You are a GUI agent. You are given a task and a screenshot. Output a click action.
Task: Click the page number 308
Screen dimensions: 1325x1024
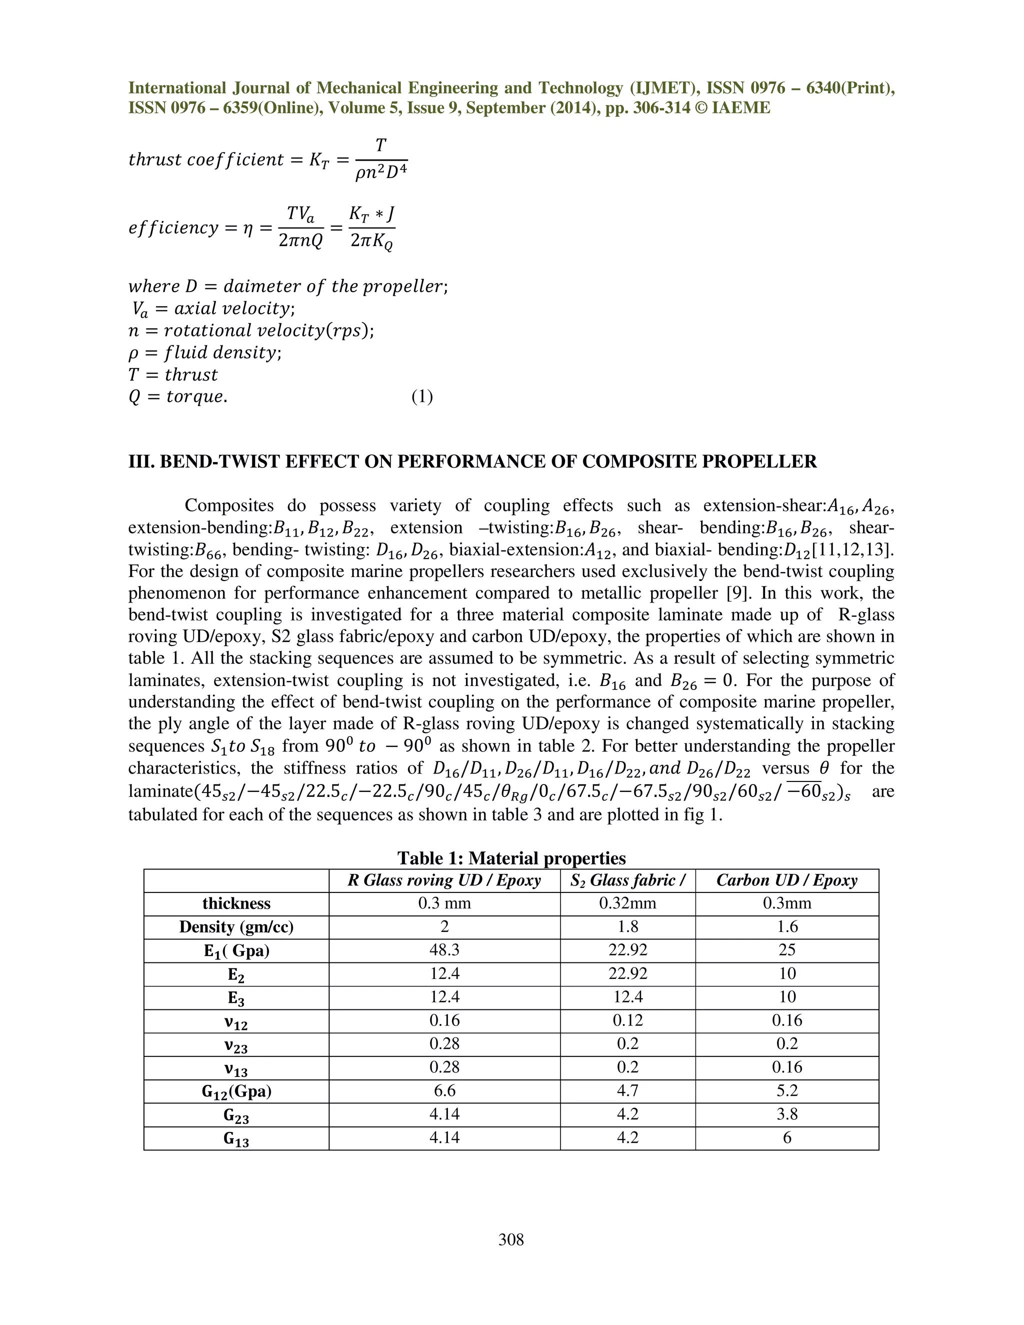(x=511, y=1239)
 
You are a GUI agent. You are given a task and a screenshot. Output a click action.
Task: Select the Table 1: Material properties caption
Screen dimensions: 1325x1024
(x=511, y=858)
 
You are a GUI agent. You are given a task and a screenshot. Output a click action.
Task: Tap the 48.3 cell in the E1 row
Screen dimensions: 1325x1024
(x=444, y=950)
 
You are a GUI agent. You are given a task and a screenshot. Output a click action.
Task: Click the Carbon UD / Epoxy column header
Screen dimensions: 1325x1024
(x=787, y=880)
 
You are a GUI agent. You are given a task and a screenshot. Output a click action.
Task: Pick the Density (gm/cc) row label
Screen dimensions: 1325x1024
(x=236, y=927)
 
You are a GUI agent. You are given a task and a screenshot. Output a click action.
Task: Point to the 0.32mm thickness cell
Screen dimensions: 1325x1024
(x=627, y=903)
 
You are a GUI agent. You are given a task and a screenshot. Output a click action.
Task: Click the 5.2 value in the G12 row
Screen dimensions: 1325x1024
(x=787, y=1091)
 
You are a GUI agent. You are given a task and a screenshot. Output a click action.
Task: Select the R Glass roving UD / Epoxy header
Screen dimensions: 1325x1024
(x=444, y=880)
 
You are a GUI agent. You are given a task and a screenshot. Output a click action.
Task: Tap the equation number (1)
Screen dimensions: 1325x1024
(x=421, y=397)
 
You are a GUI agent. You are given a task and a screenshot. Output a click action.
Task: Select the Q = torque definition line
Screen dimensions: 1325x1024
(x=177, y=397)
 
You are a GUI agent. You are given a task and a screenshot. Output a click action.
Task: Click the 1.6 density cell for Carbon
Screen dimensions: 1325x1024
(x=787, y=927)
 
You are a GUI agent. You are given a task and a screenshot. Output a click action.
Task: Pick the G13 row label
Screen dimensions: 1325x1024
(x=236, y=1138)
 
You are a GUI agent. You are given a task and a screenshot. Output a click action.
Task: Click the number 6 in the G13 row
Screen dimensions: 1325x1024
(x=787, y=1137)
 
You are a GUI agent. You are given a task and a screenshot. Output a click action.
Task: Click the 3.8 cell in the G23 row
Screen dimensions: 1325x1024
(x=787, y=1114)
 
